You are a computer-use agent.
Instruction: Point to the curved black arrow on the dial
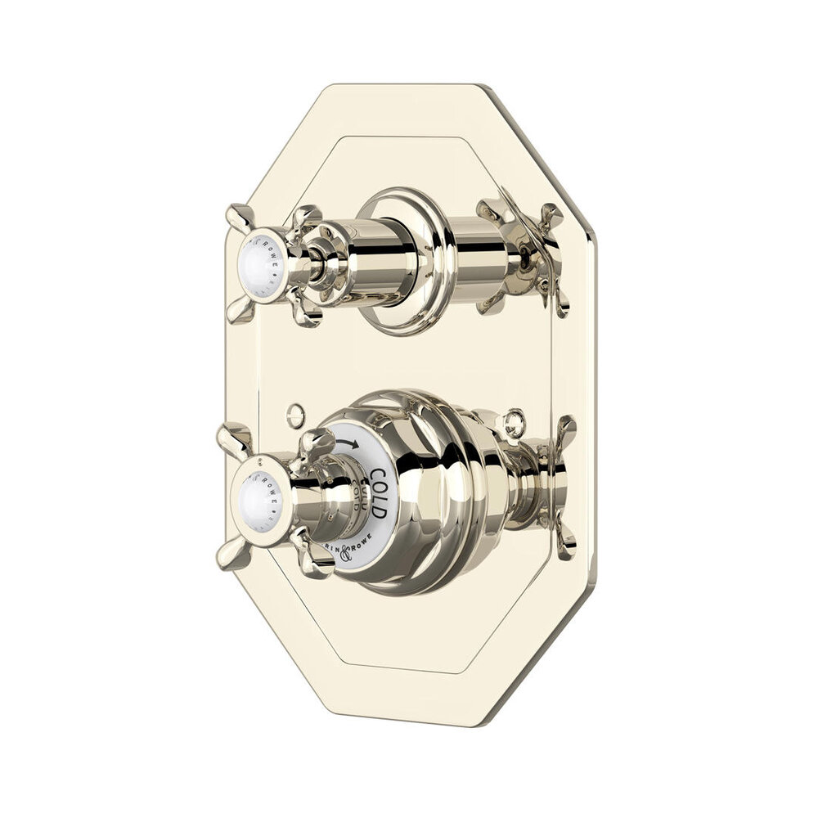pos(348,445)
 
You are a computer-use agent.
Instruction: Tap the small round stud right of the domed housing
pos(513,423)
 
